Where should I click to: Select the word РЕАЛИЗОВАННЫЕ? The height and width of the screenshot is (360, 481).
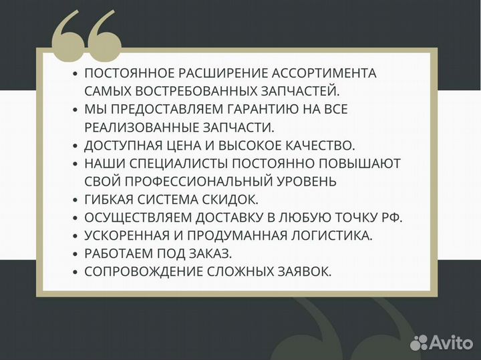coord(138,127)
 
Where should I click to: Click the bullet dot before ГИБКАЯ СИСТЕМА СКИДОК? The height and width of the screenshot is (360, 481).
coord(75,199)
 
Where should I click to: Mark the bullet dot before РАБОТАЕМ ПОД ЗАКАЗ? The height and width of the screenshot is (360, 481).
coord(75,253)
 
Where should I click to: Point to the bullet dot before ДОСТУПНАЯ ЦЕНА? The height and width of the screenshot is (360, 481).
coord(75,145)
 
